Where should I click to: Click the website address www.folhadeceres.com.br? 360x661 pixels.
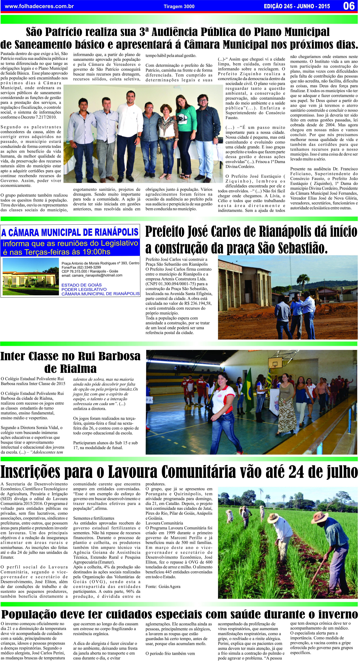point(39,6)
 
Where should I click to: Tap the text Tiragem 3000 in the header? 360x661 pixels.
point(179,6)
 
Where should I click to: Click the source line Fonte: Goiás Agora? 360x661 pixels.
point(163,587)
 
